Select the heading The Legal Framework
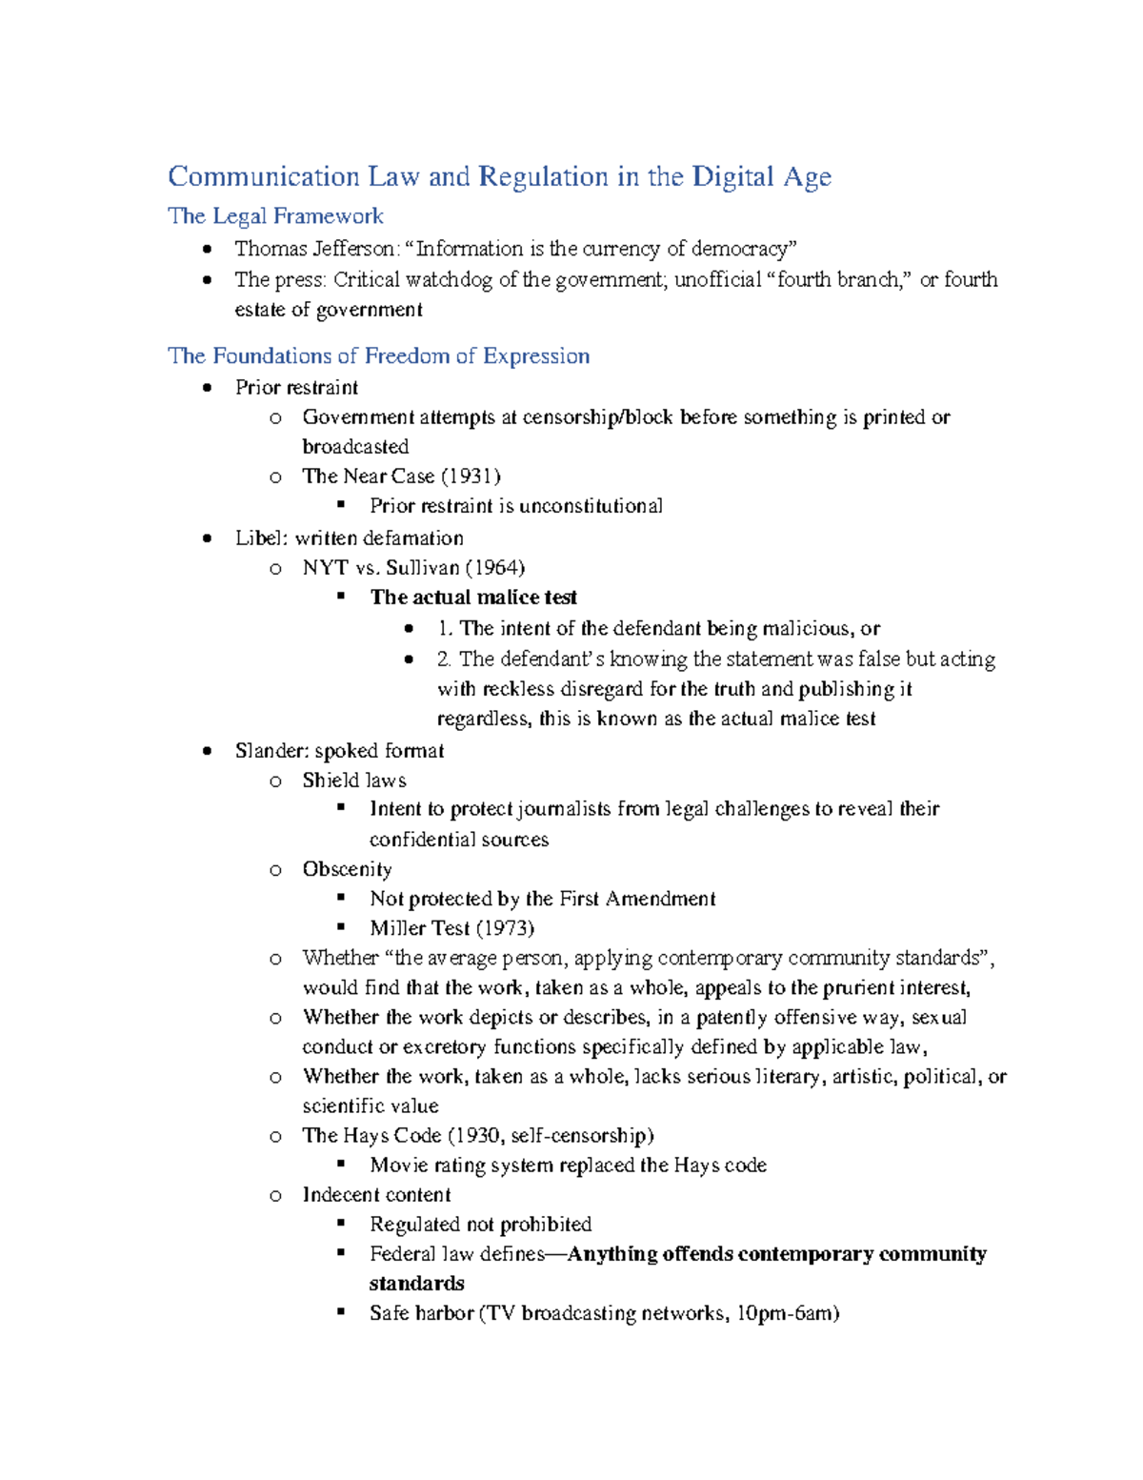(x=275, y=216)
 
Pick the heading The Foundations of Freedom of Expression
(x=378, y=356)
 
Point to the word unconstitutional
(x=591, y=506)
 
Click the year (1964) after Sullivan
(x=494, y=568)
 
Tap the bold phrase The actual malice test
(x=473, y=598)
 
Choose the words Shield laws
(x=354, y=781)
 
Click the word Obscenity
(x=347, y=869)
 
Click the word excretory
(x=444, y=1047)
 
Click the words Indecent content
(x=376, y=1195)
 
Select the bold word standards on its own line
(x=417, y=1284)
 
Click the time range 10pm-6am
(x=788, y=1313)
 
